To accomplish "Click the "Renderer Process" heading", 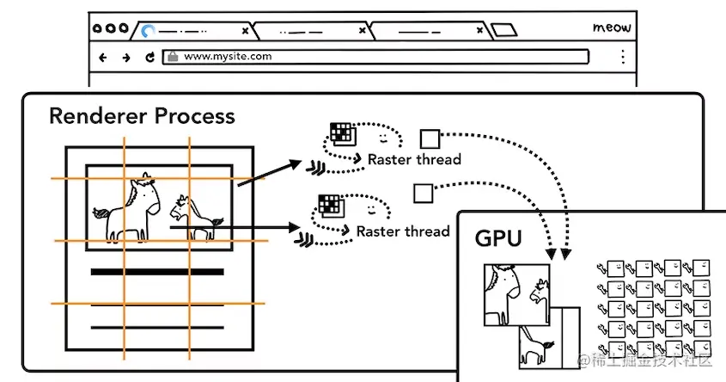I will pos(142,115).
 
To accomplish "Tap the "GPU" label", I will pos(497,238).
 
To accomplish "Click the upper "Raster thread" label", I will pos(414,159).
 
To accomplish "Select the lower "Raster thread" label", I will pos(403,231).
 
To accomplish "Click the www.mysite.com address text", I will pos(228,57).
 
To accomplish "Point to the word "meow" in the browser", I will pos(612,28).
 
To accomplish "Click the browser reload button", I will pos(150,58).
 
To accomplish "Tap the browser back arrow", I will pos(103,58).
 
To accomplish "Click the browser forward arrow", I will pos(126,58).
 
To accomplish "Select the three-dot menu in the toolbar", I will pos(622,58).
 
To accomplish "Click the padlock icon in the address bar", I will pos(173,57).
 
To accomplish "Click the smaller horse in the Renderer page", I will pos(195,218).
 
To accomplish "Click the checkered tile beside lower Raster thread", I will pos(330,205).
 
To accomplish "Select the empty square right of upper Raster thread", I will pos(430,138).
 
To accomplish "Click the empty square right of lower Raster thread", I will pos(423,194).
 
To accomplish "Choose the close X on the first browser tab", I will pos(245,31).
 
